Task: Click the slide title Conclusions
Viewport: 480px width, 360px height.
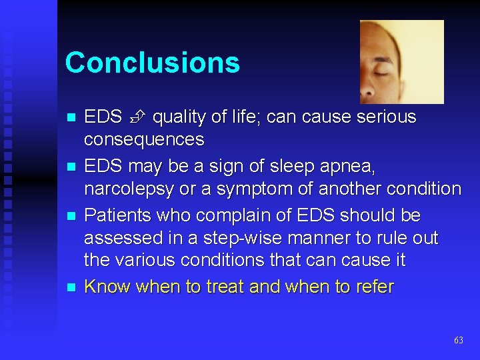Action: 152,63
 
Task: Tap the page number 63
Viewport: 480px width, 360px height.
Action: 458,340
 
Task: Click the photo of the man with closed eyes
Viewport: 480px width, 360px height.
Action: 401,61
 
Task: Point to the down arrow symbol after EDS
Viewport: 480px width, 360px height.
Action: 137,117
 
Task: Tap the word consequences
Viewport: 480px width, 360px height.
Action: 143,140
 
